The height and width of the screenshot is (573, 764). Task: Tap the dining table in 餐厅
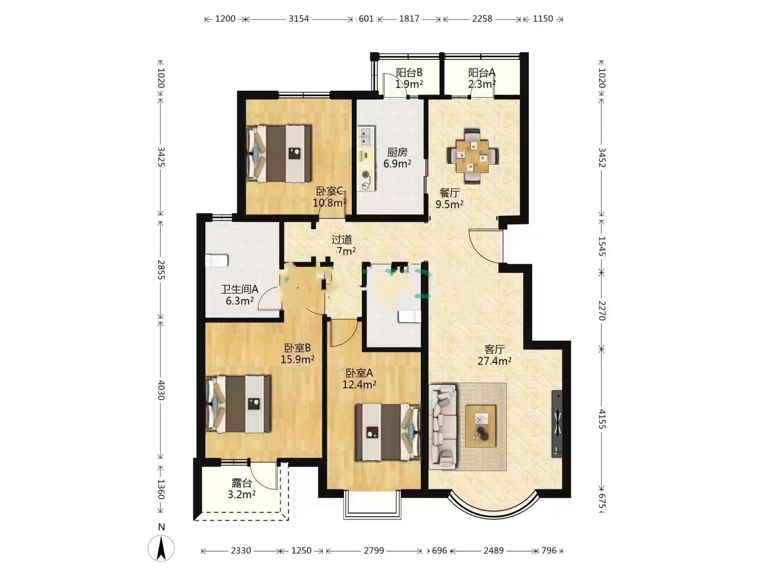click(x=472, y=156)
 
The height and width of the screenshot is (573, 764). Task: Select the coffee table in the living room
click(x=481, y=426)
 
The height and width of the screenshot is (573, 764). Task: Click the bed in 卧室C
click(x=279, y=153)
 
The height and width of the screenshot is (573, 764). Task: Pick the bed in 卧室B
click(x=238, y=404)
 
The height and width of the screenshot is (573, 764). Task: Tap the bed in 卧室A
click(x=388, y=432)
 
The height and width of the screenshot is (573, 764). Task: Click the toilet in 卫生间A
click(x=217, y=261)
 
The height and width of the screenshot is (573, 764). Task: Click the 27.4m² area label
click(x=494, y=361)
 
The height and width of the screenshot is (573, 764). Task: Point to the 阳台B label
click(x=409, y=72)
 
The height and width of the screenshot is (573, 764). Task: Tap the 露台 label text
click(x=241, y=483)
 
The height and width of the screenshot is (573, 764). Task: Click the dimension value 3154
click(x=299, y=19)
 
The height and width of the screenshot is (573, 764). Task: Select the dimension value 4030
click(x=161, y=389)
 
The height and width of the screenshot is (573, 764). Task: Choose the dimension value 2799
click(x=374, y=550)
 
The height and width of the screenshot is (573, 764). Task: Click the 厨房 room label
click(x=397, y=152)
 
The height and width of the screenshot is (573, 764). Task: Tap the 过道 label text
click(x=342, y=239)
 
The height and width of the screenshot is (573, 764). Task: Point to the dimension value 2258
click(x=482, y=19)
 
